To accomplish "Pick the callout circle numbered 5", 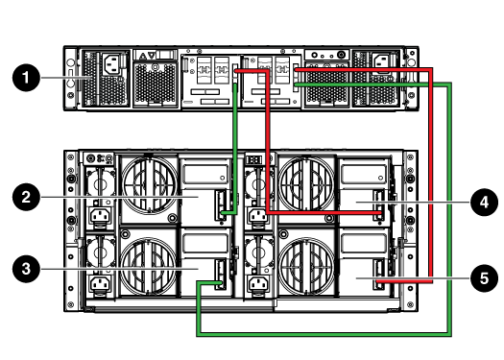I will pos(484,278).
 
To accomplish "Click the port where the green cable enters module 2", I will pos(223,203).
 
